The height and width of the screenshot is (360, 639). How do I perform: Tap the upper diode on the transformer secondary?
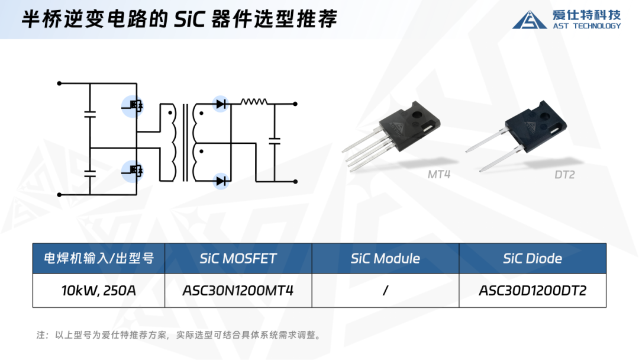pos(221,104)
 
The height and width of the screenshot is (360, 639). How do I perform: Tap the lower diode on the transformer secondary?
pos(221,181)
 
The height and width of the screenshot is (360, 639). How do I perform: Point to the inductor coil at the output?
pos(254,101)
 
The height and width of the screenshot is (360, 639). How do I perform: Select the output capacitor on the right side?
pos(275,141)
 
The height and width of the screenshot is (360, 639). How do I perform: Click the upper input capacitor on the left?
pos(90,114)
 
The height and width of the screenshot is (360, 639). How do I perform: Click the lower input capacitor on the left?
pos(90,173)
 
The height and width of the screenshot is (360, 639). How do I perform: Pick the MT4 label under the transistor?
pos(439,175)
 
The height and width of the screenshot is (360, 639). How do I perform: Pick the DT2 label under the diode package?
pos(564,175)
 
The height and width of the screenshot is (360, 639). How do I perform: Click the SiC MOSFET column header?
pos(238,259)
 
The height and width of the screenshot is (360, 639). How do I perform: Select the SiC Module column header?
pos(386,259)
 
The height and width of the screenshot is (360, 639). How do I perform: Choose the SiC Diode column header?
pos(532,259)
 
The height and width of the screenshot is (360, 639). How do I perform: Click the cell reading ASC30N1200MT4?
pos(238,290)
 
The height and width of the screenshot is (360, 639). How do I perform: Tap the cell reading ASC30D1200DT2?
pos(532,290)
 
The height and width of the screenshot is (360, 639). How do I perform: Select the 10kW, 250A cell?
pos(99,290)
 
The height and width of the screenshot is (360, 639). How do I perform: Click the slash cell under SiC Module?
pos(386,290)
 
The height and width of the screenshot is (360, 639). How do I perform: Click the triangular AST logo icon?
pos(530,20)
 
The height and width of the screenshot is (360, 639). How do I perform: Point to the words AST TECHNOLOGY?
pos(587,25)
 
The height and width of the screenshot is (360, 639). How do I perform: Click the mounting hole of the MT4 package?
pos(417,114)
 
